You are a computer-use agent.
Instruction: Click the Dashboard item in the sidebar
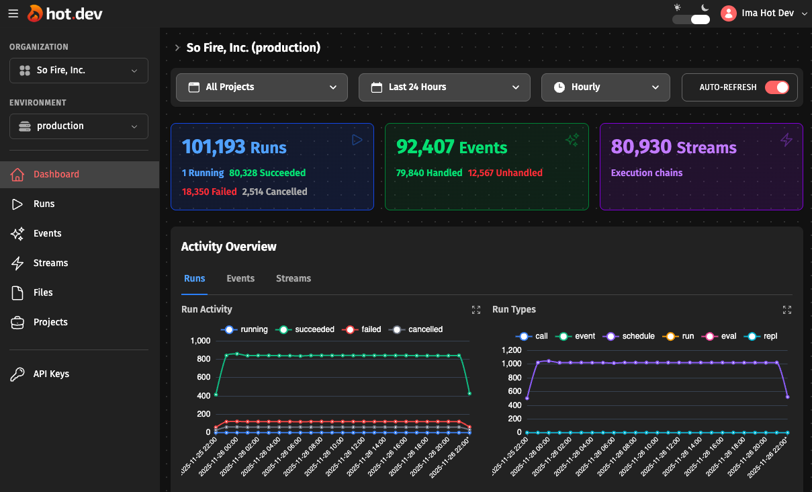(x=56, y=174)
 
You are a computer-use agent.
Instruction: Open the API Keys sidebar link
(x=51, y=374)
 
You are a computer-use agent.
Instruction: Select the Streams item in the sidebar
(x=50, y=263)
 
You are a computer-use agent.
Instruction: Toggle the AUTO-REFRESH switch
(x=776, y=87)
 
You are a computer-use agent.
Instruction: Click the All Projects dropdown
(x=262, y=87)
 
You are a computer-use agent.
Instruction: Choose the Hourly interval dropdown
(x=605, y=87)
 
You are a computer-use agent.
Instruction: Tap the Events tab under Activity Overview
(x=240, y=278)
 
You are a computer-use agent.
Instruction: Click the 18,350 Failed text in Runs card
(x=209, y=192)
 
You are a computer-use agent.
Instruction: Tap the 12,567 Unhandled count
(x=505, y=173)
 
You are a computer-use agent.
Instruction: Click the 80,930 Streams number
(x=641, y=147)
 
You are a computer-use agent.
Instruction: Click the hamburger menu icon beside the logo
(x=13, y=13)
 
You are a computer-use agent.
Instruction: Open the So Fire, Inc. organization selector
(x=79, y=71)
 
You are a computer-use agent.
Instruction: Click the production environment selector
(x=79, y=126)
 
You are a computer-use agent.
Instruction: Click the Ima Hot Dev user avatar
(x=728, y=13)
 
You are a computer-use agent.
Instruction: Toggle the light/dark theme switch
(x=691, y=19)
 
